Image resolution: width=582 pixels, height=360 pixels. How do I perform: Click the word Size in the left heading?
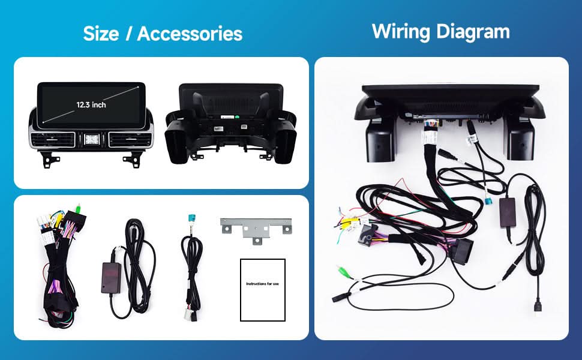[101, 34]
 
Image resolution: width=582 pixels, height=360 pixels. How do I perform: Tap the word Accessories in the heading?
[190, 34]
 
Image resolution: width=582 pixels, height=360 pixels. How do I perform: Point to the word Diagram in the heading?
[473, 32]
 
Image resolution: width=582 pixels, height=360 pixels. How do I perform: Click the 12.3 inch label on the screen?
[91, 105]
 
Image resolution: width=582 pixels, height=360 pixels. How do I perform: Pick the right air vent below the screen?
[130, 139]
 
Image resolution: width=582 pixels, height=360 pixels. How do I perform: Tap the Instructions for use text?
[262, 284]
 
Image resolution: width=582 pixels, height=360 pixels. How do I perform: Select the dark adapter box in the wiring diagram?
[508, 212]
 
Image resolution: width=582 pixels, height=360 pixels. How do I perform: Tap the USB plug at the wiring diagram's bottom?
[538, 308]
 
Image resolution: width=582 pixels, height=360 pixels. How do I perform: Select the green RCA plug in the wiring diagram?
[343, 271]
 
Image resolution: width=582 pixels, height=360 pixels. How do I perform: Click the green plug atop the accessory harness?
[78, 207]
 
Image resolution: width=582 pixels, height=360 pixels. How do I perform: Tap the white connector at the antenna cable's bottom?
[188, 315]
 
